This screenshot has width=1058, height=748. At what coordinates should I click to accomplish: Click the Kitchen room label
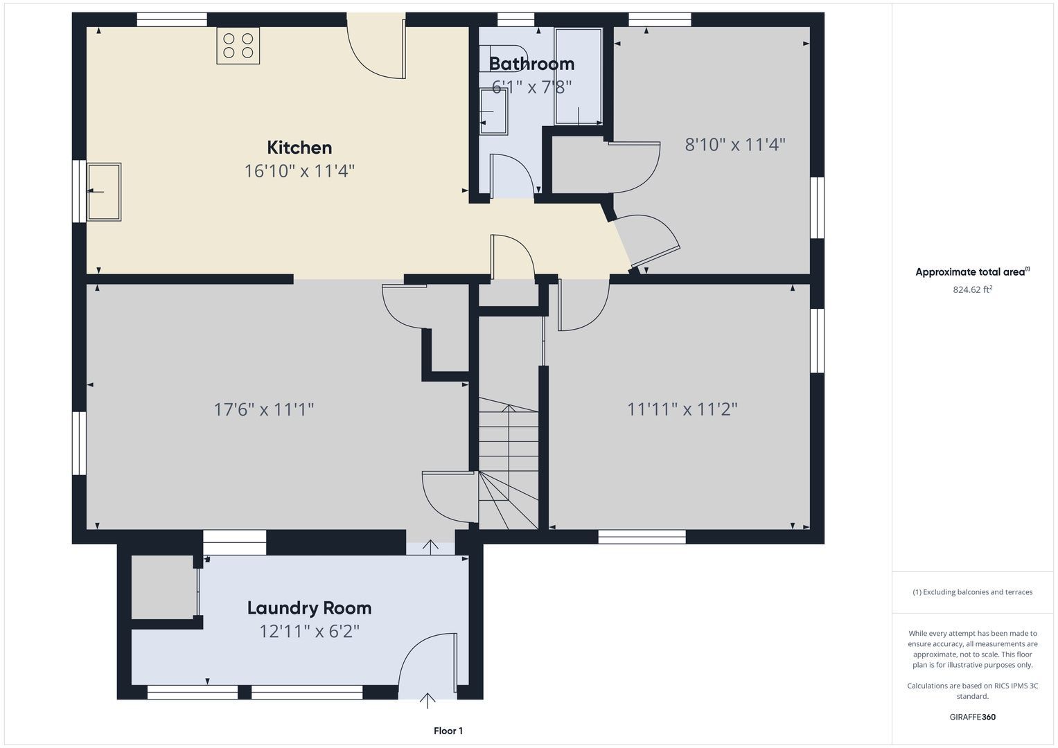pos(299,148)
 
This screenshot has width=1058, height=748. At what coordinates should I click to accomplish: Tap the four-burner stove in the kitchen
pos(238,46)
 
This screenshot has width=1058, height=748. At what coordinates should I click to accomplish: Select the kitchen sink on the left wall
pos(104,192)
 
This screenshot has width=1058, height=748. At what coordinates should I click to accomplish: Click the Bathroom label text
pos(532,64)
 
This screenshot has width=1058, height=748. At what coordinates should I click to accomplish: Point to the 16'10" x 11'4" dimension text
pos(299,171)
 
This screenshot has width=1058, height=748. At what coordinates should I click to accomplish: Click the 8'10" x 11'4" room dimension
pos(735,145)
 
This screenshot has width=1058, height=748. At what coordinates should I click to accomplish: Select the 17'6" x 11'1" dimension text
pos(264,409)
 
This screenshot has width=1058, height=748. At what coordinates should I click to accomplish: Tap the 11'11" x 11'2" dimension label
pos(682,409)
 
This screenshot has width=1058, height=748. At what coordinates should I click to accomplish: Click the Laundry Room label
pos(310,608)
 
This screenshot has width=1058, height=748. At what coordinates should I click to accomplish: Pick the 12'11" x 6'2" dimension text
pos(310,632)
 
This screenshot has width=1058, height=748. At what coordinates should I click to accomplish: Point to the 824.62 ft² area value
pos(973,290)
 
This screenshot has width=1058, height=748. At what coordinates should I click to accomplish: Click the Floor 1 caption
pos(448,731)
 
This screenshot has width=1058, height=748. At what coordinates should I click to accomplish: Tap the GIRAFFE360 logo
pos(973,717)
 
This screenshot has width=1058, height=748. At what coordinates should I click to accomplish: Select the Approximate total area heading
pos(973,271)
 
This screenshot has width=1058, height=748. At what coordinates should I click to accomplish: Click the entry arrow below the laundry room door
pos(427,700)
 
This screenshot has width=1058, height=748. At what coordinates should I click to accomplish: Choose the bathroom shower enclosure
pos(578,76)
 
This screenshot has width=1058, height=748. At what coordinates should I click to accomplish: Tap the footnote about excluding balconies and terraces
pos(973,592)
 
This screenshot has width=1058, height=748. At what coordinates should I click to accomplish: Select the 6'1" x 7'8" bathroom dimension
pos(532,87)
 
